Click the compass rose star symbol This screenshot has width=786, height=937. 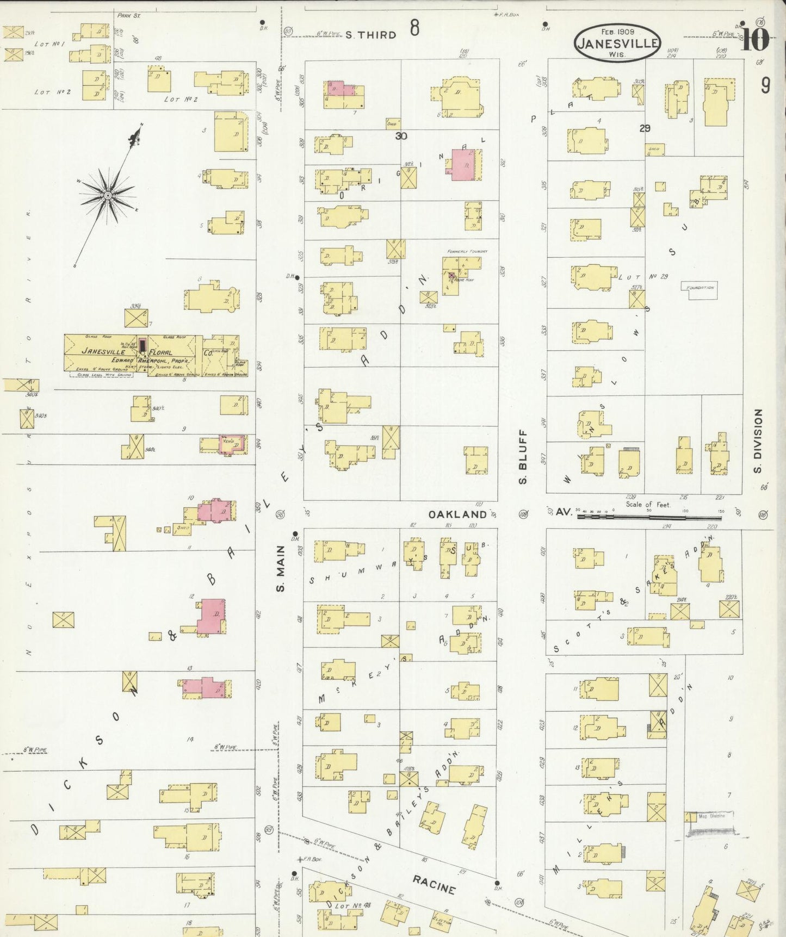tap(108, 194)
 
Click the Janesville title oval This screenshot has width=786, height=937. tap(617, 42)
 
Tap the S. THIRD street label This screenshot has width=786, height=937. tap(370, 35)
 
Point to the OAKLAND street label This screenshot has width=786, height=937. tap(457, 514)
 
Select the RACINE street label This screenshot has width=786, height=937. tap(434, 885)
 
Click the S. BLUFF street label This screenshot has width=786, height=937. tap(523, 457)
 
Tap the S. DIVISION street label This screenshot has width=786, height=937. tap(758, 441)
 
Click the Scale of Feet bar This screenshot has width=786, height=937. tap(648, 518)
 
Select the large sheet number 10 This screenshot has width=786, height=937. tap(755, 39)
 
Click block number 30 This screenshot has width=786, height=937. tap(401, 136)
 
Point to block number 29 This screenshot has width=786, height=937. tap(645, 128)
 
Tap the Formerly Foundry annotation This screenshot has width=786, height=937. tap(467, 251)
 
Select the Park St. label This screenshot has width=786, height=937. tap(129, 16)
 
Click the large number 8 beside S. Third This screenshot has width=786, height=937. tap(414, 27)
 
